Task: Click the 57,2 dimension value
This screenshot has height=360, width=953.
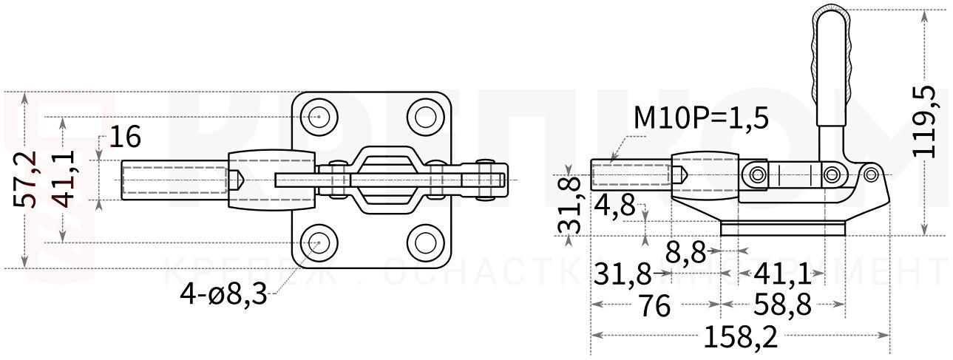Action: pyautogui.click(x=27, y=180)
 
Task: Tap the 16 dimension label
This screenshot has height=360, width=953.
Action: pyautogui.click(x=123, y=137)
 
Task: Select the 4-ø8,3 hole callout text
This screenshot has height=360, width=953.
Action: pyautogui.click(x=223, y=295)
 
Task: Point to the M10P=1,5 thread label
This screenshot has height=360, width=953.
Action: pyautogui.click(x=701, y=118)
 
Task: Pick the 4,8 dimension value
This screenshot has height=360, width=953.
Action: pyautogui.click(x=614, y=205)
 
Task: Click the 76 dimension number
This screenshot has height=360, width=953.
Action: pyautogui.click(x=654, y=305)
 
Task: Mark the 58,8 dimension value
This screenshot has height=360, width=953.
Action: pyautogui.click(x=782, y=305)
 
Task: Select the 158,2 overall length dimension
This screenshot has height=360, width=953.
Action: pyautogui.click(x=740, y=338)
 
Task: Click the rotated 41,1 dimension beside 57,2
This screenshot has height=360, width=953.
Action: pyautogui.click(x=66, y=180)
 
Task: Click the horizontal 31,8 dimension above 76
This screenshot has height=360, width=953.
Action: pyautogui.click(x=623, y=276)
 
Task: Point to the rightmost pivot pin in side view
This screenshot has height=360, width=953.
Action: pyautogui.click(x=871, y=174)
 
